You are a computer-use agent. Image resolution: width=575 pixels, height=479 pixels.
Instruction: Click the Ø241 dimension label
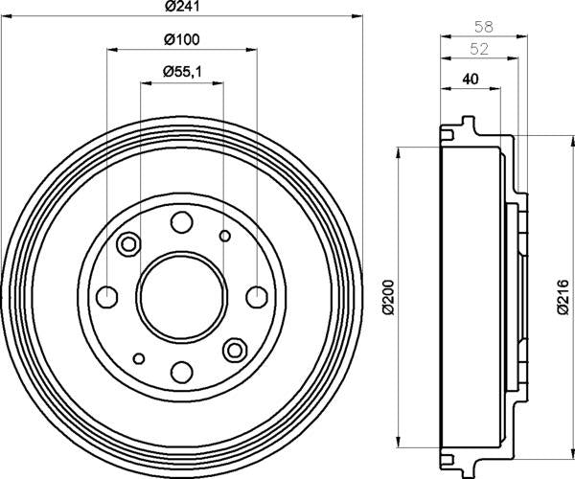coord(180,7)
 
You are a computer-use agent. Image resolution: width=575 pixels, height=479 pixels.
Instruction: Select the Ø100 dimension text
coord(180,39)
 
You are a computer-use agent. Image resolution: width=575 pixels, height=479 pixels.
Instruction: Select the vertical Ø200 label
coord(388,297)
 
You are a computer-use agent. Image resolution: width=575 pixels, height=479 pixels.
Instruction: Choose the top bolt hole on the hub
coord(181,222)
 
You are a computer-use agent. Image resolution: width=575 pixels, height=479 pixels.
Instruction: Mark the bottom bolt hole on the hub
coord(181,370)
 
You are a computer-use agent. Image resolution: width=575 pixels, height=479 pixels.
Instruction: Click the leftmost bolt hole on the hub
coord(107,295)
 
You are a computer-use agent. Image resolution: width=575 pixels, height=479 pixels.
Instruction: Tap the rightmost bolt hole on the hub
coord(256,295)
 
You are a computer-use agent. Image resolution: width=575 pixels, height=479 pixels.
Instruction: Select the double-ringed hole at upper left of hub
coord(128,244)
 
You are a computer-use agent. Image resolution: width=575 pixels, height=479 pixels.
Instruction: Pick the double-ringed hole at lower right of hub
coord(234,348)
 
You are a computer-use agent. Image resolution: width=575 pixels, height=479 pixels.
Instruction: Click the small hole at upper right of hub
coord(225,236)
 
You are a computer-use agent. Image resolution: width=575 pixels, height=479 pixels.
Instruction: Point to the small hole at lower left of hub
coord(139,358)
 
